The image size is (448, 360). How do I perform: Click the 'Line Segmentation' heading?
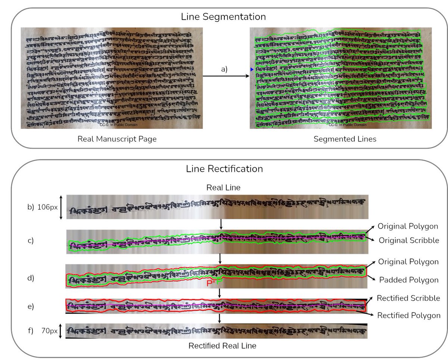223,17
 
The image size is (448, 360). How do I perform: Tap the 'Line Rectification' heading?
224,169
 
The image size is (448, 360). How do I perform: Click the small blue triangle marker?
252,70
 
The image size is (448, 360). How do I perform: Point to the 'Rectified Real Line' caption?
223,346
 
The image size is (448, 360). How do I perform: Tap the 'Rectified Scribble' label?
408,298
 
